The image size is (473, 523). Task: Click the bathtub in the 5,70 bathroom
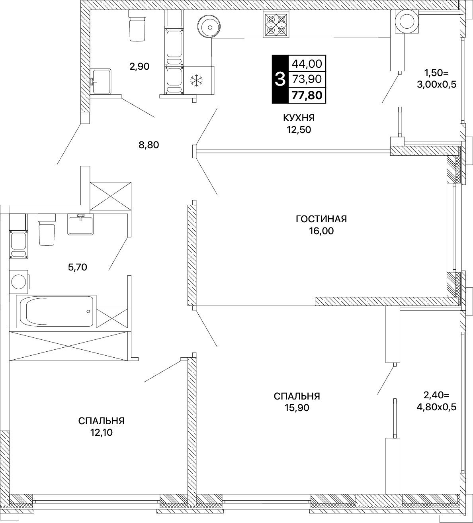(x=56, y=311)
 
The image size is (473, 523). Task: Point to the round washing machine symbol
(x=19, y=282)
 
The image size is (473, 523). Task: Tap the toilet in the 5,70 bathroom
(x=47, y=229)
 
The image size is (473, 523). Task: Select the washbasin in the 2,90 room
(x=101, y=81)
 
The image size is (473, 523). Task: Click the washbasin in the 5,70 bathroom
(x=80, y=224)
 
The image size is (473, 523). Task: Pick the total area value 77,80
(x=307, y=95)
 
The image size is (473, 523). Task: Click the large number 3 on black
(x=280, y=79)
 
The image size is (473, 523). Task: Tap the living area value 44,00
(x=307, y=64)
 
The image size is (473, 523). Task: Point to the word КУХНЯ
(x=299, y=118)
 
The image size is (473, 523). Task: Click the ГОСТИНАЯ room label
(x=321, y=219)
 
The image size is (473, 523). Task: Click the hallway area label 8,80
(x=149, y=145)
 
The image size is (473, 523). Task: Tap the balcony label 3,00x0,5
(x=437, y=85)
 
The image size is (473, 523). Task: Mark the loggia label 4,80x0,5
(x=437, y=407)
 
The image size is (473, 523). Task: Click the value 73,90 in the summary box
(x=307, y=79)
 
